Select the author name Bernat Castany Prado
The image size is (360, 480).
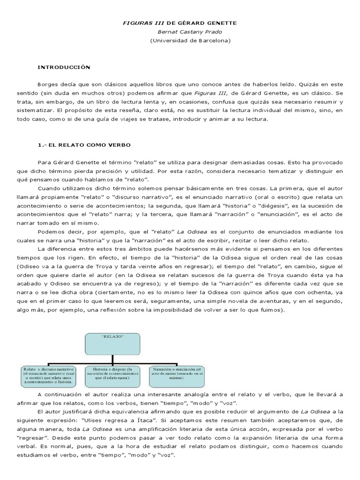[x=190, y=32]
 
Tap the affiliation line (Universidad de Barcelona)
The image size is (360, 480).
[x=190, y=41]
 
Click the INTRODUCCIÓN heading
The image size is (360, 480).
[x=64, y=67]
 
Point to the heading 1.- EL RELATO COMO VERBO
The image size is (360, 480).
[x=84, y=145]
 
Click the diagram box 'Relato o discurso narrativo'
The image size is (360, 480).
[x=49, y=376]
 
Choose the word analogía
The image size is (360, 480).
[x=195, y=395]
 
